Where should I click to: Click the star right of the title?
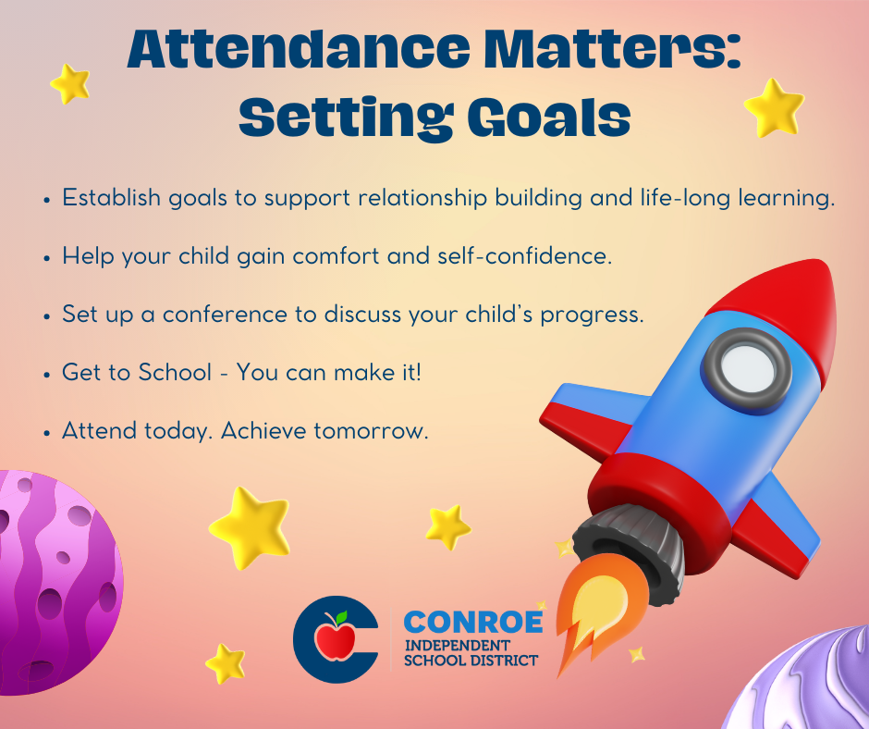pyautogui.click(x=773, y=108)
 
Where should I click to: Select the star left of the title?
pyautogui.click(x=70, y=84)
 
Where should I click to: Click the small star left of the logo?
pyautogui.click(x=225, y=663)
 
